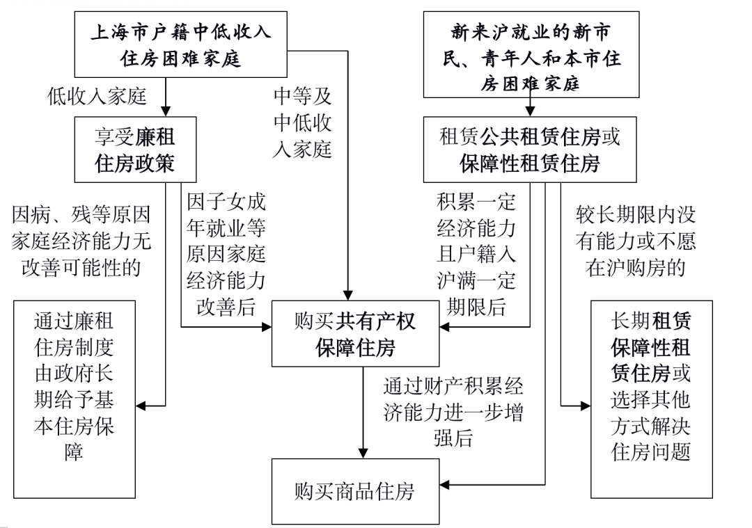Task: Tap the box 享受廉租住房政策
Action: pos(136,149)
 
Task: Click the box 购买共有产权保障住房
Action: pos(355,333)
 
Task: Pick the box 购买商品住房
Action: pos(355,491)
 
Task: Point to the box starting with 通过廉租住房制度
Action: pos(74,399)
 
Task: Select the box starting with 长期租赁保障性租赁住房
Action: pos(652,399)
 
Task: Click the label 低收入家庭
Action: pos(97,97)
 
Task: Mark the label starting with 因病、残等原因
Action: pos(81,240)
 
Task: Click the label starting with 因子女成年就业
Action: pos(226,254)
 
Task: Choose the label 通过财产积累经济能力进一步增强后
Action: pos(453,411)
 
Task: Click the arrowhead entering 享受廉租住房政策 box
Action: pos(166,110)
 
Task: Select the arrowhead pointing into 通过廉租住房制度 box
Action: pos(142,405)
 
